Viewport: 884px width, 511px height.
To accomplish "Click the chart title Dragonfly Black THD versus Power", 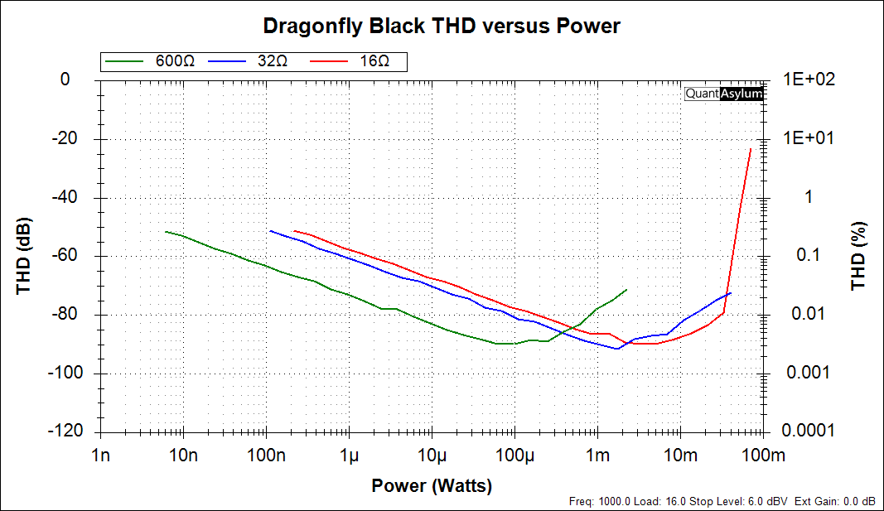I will point(441,26).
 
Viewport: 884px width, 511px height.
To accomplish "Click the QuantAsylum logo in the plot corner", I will point(723,94).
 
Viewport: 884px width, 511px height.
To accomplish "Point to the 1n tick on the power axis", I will point(100,455).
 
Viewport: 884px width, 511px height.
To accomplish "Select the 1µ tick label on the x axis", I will point(349,455).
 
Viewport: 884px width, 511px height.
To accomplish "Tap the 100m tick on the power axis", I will point(762,455).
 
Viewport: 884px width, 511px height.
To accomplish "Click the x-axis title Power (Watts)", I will point(432,485).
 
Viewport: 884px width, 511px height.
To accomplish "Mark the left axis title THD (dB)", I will point(23,256).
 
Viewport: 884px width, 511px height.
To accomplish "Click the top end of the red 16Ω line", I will point(751,149).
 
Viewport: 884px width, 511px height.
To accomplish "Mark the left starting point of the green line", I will point(166,232).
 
